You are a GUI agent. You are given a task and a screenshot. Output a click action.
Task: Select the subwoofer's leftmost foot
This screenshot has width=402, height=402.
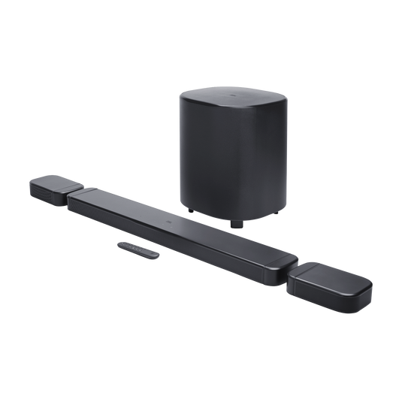[188, 207]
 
